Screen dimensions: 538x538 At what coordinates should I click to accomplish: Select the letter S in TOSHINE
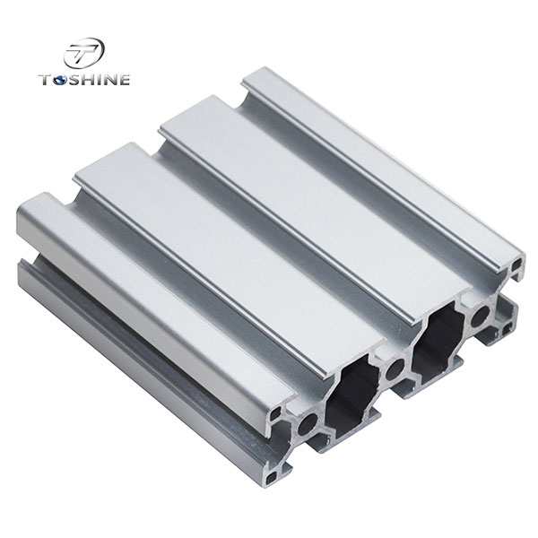(x=74, y=81)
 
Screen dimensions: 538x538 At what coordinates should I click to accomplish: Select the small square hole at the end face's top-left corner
(x=285, y=409)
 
